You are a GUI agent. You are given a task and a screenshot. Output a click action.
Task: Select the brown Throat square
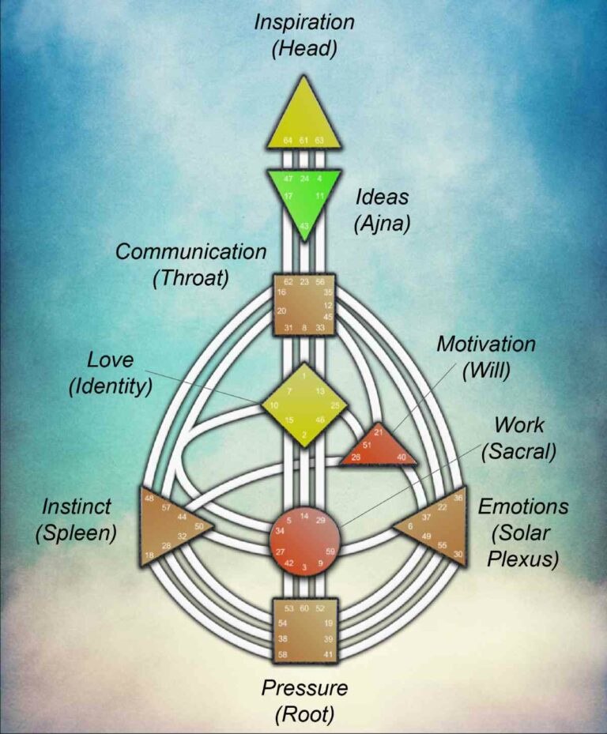click(x=304, y=304)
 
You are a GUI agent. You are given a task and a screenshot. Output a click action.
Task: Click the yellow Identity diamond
click(x=304, y=405)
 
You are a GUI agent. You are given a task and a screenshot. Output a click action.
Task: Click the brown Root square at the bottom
click(x=304, y=630)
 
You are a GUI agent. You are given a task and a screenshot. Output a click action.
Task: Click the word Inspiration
click(x=304, y=22)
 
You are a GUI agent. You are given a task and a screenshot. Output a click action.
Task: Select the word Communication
click(x=191, y=252)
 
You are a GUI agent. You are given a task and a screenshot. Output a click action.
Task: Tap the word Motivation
click(x=486, y=344)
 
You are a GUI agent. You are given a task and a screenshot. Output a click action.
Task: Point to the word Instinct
click(x=77, y=506)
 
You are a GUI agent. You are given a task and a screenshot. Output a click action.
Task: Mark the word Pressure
click(x=304, y=687)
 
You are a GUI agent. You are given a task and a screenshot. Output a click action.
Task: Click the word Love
click(x=111, y=360)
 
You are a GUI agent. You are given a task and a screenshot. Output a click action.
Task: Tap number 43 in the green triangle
click(x=304, y=227)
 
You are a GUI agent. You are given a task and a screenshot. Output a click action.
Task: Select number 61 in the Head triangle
click(x=304, y=140)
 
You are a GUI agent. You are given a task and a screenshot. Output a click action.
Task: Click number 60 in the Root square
click(x=304, y=608)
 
